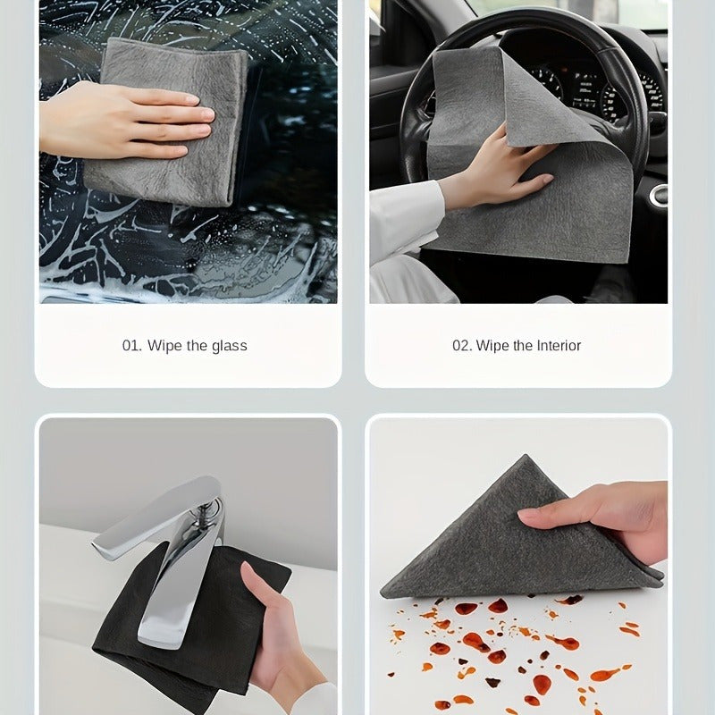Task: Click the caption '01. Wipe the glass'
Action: click(185, 345)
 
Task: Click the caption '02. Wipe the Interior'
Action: click(517, 345)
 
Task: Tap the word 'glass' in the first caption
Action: click(230, 345)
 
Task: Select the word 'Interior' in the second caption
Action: click(558, 345)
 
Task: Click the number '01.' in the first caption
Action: click(132, 345)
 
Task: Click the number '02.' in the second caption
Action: click(462, 345)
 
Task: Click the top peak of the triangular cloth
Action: click(528, 460)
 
